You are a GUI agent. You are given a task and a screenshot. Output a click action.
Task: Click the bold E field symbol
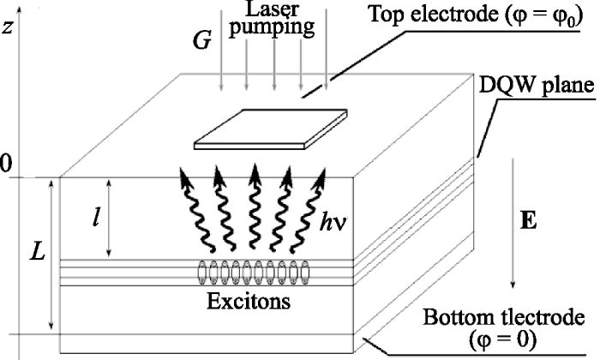(529, 220)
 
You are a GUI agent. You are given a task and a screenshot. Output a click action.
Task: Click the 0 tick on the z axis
(6, 164)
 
